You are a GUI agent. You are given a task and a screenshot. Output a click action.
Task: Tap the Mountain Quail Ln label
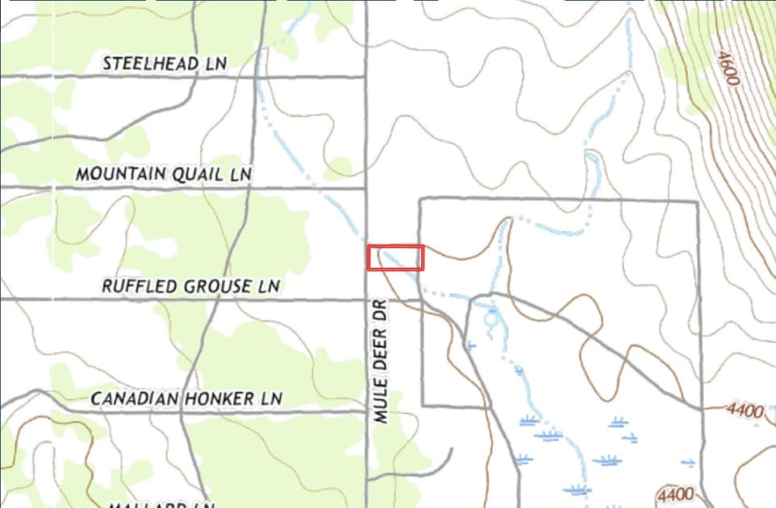tap(164, 174)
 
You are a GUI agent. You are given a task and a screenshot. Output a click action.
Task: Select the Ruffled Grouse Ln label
tap(190, 286)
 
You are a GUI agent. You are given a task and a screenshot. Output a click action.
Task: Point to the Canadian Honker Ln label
tap(186, 398)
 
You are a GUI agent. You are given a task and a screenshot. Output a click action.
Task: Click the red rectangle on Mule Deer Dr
tap(395, 258)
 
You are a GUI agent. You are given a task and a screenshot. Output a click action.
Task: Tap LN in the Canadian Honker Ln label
tap(272, 398)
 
